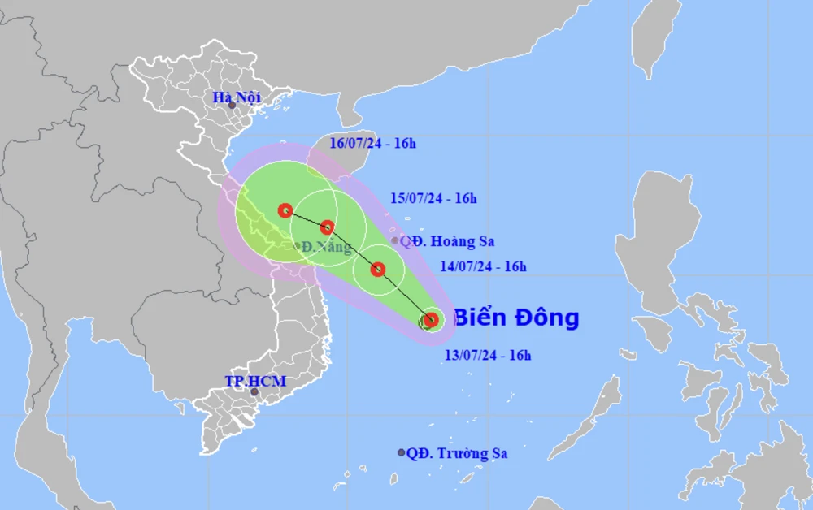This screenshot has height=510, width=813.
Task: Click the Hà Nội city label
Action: coord(237,97)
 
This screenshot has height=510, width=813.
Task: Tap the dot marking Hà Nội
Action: coord(232,106)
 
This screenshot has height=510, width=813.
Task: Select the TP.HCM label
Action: coord(256,381)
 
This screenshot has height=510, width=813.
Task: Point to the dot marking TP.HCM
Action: coord(254,392)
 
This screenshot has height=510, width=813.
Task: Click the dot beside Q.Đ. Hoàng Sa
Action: coord(395,240)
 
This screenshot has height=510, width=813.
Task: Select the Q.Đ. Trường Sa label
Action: coord(458,453)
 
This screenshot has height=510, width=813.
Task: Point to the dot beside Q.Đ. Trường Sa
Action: coord(401,453)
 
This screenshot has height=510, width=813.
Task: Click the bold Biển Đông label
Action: coord(515,318)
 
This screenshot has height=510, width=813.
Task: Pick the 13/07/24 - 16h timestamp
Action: coord(488,355)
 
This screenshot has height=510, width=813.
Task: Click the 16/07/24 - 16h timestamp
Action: coord(374,144)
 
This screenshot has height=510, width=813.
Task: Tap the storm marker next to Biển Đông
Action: coord(431,320)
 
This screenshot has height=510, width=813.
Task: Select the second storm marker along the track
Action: coord(378,269)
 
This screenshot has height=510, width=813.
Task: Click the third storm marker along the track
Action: coord(327,227)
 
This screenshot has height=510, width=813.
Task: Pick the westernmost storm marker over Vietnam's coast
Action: coord(285,211)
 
